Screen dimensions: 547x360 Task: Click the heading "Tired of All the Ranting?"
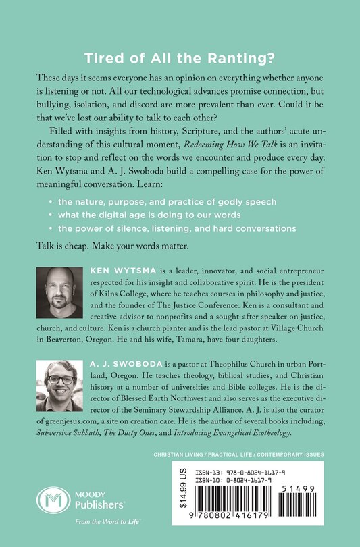point(180,57)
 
